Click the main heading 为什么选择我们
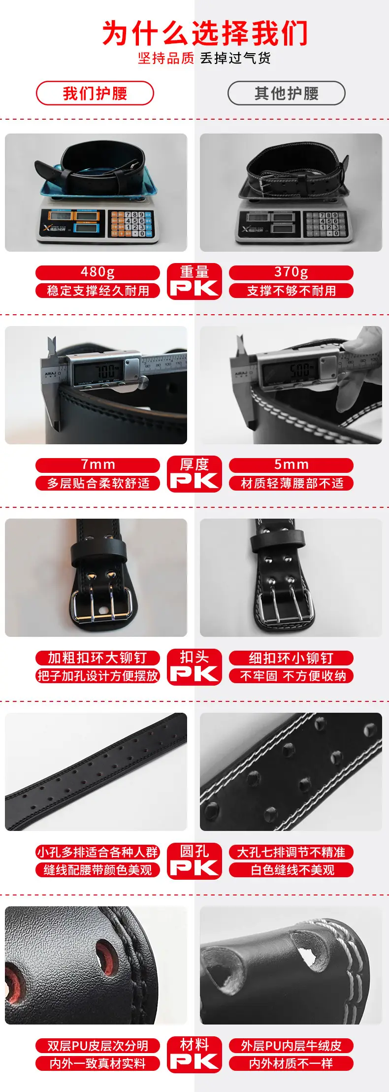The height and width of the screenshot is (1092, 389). coord(205,33)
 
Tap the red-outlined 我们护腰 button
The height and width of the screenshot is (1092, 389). coord(95,93)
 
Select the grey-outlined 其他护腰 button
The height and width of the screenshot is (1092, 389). coord(286,93)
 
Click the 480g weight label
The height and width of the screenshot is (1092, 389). coord(97,272)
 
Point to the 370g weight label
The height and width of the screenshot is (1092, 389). coord(291,272)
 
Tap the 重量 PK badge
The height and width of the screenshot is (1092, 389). coord(194,281)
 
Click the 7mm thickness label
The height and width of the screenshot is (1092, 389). coord(97,465)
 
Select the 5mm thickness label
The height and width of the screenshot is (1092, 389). coord(291,465)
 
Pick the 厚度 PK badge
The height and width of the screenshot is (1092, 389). coord(194,474)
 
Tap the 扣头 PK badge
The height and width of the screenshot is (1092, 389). coord(194,666)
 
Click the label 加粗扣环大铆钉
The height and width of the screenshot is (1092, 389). coord(97,658)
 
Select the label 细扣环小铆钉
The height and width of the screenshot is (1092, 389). coord(291,658)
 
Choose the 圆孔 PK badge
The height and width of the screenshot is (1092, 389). coord(194,860)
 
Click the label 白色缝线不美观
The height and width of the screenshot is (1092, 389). coord(291,870)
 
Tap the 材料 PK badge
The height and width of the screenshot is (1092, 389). coord(194,1054)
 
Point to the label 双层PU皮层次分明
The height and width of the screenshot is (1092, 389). coord(97,1045)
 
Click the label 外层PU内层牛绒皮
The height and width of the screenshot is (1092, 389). coord(291,1045)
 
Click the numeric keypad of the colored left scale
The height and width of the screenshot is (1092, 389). coord(130,224)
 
